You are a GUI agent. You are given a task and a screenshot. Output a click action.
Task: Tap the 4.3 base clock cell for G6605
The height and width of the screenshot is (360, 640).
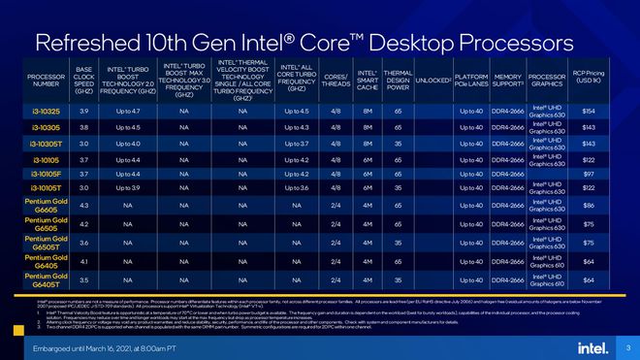click(x=84, y=206)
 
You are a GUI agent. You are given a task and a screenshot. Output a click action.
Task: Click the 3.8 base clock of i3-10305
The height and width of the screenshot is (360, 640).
click(x=84, y=127)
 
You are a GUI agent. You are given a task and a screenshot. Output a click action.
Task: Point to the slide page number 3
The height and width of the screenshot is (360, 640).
click(x=627, y=347)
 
